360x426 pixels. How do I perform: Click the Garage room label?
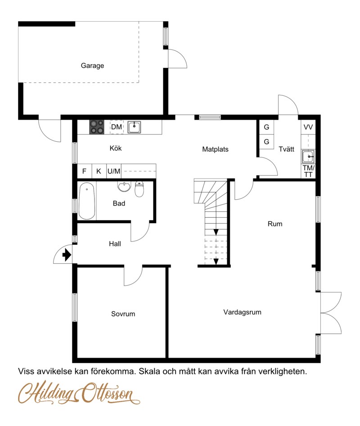click(x=92, y=66)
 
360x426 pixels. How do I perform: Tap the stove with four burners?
click(x=97, y=127)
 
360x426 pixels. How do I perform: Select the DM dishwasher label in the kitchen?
click(x=117, y=127)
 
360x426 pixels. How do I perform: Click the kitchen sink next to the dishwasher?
click(x=135, y=127)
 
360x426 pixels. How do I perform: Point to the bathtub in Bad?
click(x=87, y=201)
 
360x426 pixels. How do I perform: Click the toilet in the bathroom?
click(x=139, y=189)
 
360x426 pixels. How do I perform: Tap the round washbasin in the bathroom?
click(x=124, y=186)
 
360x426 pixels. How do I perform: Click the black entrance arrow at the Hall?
click(x=67, y=255)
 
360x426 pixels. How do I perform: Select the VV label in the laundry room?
click(x=308, y=127)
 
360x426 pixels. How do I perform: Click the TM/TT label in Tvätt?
click(x=308, y=171)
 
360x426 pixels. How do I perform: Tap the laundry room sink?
click(x=308, y=157)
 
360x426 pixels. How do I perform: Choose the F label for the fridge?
click(x=84, y=171)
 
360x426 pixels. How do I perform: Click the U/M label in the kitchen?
click(x=114, y=171)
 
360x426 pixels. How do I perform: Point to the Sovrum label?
click(x=123, y=314)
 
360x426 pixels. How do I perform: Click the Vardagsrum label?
click(x=243, y=313)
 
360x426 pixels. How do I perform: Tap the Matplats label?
click(x=215, y=149)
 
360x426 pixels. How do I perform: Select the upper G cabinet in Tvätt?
click(x=266, y=127)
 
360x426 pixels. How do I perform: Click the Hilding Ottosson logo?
click(x=79, y=394)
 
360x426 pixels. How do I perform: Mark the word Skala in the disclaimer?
click(x=150, y=372)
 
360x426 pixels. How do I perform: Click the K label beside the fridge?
click(x=99, y=171)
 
